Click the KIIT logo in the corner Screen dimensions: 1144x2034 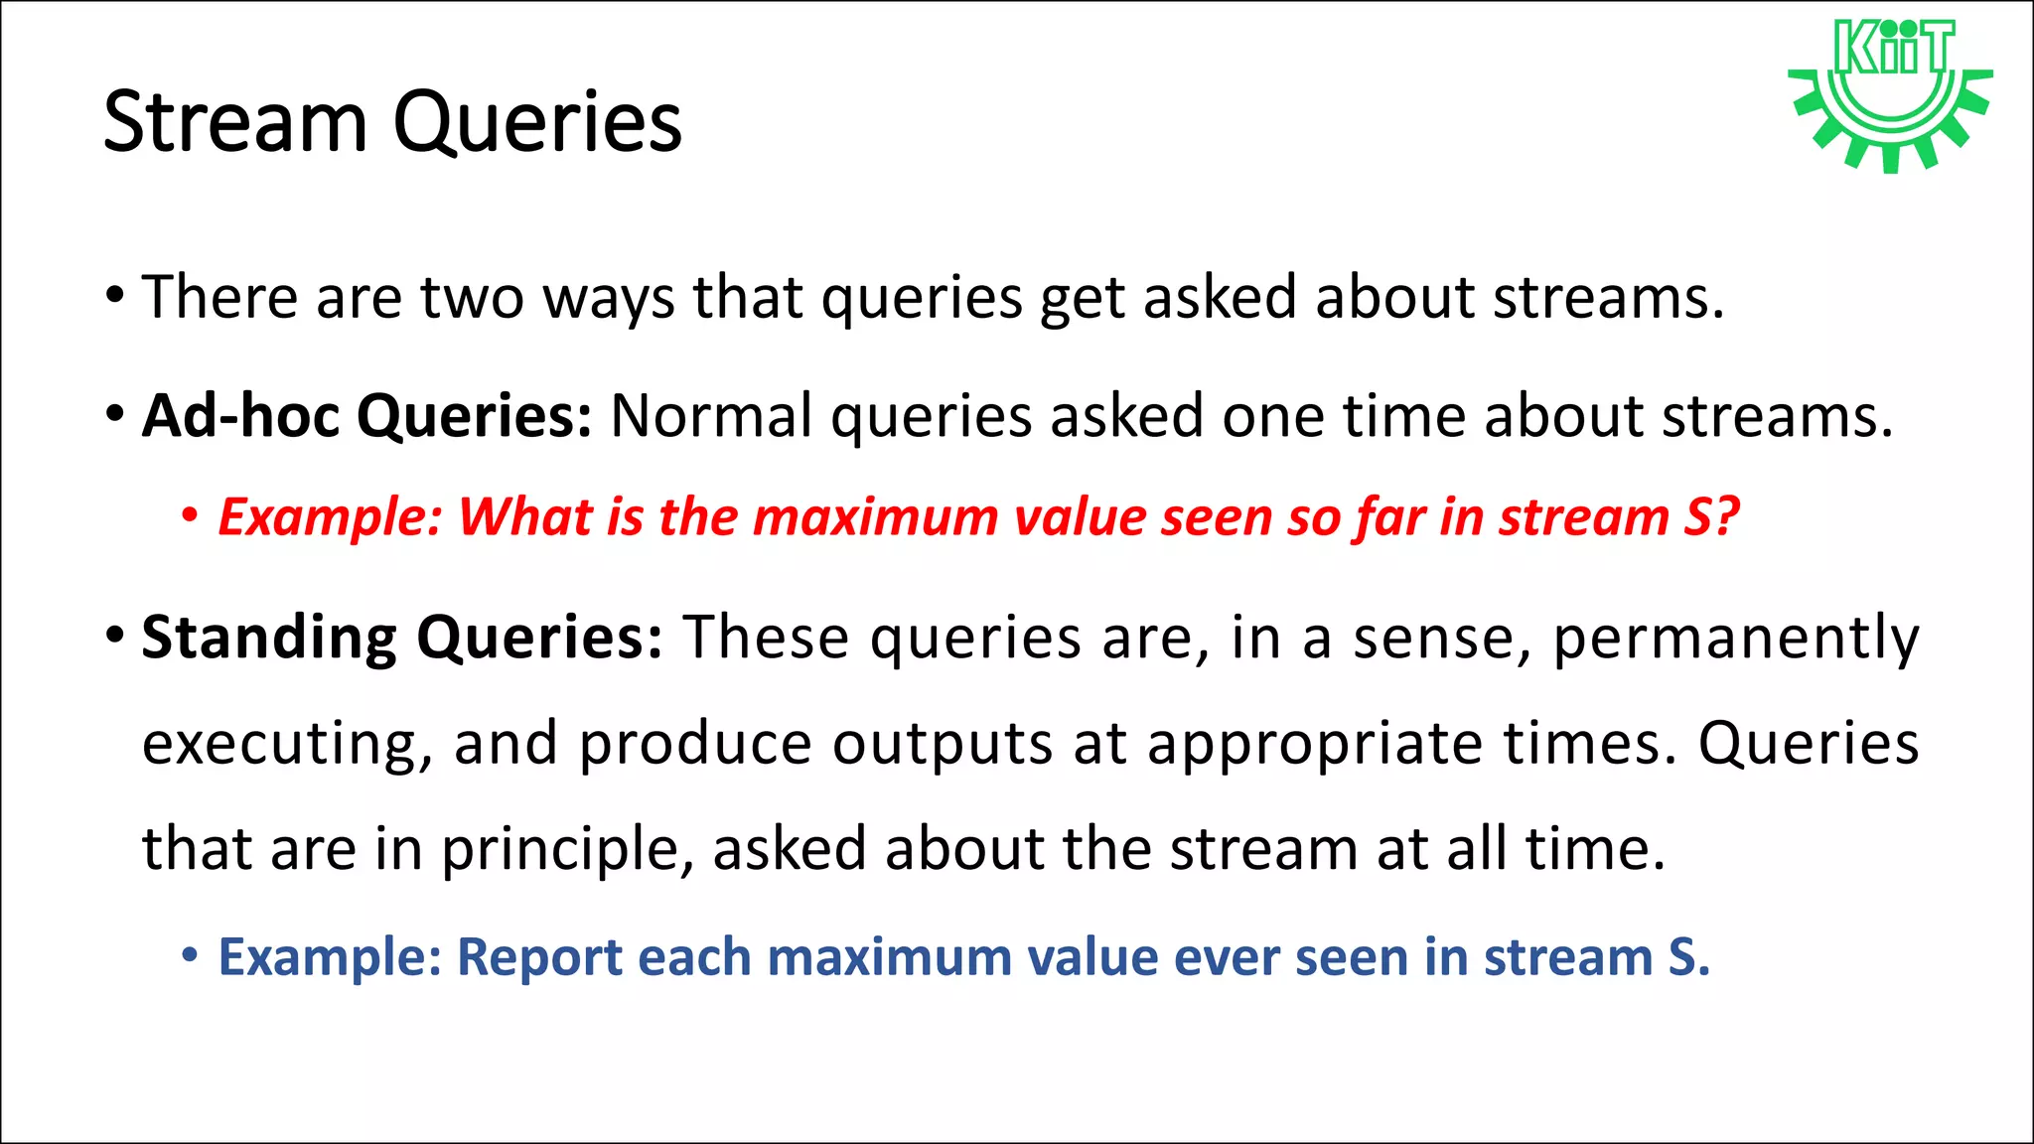(1890, 94)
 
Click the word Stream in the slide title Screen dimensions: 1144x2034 (235, 122)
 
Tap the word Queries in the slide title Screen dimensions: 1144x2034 (537, 124)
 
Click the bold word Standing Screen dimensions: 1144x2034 (269, 638)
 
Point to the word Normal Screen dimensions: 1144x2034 (711, 415)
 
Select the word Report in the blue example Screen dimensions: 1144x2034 (538, 958)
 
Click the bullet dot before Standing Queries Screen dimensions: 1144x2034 (115, 634)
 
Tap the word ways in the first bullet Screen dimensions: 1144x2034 (608, 299)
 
